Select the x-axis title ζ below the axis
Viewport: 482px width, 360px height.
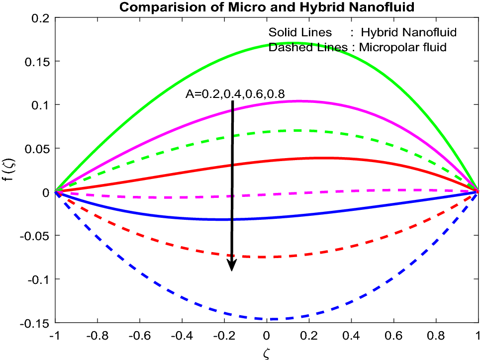[x=267, y=353]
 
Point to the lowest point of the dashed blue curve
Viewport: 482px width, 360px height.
[x=271, y=319]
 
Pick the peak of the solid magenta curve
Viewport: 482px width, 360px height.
[x=298, y=101]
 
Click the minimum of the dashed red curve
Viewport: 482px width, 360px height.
[x=261, y=257]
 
